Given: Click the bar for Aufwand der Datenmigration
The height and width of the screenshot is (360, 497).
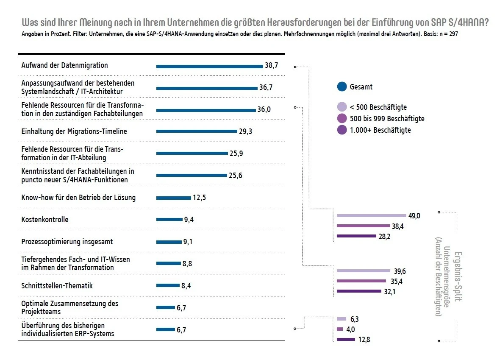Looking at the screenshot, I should coord(209,66).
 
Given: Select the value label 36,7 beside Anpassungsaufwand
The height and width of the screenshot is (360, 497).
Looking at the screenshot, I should coord(266,87).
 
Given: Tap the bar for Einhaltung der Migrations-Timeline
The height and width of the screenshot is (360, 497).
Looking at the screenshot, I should coord(197,131).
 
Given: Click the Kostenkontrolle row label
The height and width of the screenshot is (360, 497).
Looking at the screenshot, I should coord(45,220).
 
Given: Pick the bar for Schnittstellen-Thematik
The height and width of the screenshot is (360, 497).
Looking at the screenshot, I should coord(168,286).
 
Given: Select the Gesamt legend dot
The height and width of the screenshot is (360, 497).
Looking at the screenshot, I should coord(342,87).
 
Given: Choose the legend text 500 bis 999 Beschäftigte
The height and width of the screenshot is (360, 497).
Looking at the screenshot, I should coord(387,119).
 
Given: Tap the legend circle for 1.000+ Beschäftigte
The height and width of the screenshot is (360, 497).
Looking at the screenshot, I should coord(342,130).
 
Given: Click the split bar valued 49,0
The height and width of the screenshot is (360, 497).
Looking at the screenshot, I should coord(371,216).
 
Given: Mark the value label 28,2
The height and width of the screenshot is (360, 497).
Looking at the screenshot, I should coord(384,236).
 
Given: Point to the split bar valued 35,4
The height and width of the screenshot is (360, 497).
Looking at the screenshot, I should coord(361,281).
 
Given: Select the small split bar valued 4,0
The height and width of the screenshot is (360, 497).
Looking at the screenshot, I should coord(339,329).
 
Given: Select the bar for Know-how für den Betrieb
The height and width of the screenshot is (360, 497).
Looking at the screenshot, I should coord(174,198).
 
